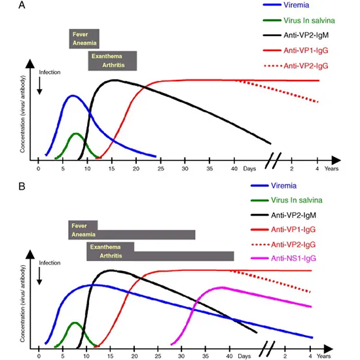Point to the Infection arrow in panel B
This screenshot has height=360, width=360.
point(40,275)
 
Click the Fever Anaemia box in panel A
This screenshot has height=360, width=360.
point(84,39)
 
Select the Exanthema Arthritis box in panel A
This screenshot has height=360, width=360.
point(112,60)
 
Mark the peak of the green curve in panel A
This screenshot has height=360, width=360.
point(75,134)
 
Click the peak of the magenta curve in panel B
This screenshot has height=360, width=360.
point(223,287)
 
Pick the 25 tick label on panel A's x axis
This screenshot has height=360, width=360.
point(160,168)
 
